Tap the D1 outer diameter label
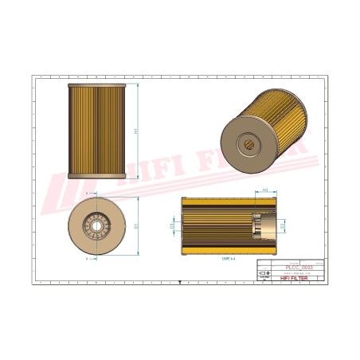point(137,225)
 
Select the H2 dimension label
point(264,190)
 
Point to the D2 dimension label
point(283,226)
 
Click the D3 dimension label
point(173,226)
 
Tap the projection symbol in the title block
point(264,272)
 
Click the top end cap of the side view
point(97,84)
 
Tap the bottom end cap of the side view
point(97,176)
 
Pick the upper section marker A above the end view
point(84,194)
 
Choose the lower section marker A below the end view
point(84,259)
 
